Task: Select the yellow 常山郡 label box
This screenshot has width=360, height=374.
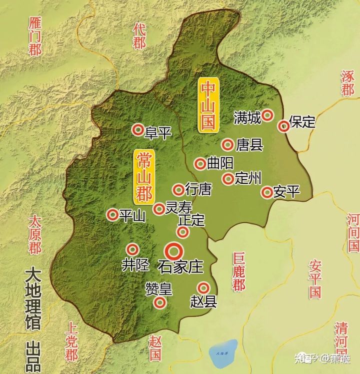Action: [x=143, y=177]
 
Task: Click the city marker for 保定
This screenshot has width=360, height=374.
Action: [x=284, y=125]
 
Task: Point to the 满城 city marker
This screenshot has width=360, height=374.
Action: [x=268, y=115]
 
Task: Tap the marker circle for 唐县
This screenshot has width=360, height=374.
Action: [x=228, y=145]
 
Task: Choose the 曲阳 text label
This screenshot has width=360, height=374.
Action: [x=220, y=164]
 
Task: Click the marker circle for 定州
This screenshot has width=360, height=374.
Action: [x=228, y=178]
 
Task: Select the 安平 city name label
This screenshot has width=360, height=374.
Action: [x=286, y=192]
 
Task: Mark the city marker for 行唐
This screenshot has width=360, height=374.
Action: [x=178, y=190]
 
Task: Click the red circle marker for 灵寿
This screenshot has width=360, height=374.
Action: [x=159, y=209]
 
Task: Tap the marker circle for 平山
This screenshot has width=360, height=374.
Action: [x=113, y=215]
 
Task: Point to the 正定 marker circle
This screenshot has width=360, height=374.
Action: [x=183, y=232]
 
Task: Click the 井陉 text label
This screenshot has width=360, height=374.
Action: [x=135, y=264]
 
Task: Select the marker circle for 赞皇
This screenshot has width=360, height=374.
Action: [x=160, y=303]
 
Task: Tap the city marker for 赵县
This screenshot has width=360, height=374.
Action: [x=203, y=288]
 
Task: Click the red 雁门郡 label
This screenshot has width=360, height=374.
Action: [x=35, y=36]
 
